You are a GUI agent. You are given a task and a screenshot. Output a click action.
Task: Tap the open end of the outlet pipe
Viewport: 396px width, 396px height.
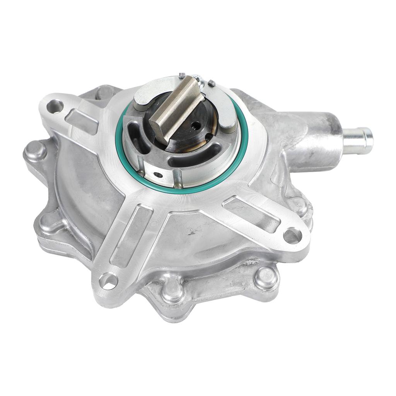[x=369, y=138]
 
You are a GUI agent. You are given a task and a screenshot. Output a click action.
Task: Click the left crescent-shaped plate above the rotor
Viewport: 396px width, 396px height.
[x=147, y=93]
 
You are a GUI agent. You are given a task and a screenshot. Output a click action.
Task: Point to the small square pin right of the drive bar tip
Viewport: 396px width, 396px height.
[x=211, y=83]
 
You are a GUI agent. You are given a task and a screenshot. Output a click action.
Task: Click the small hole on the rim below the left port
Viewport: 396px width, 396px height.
[x=158, y=175]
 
